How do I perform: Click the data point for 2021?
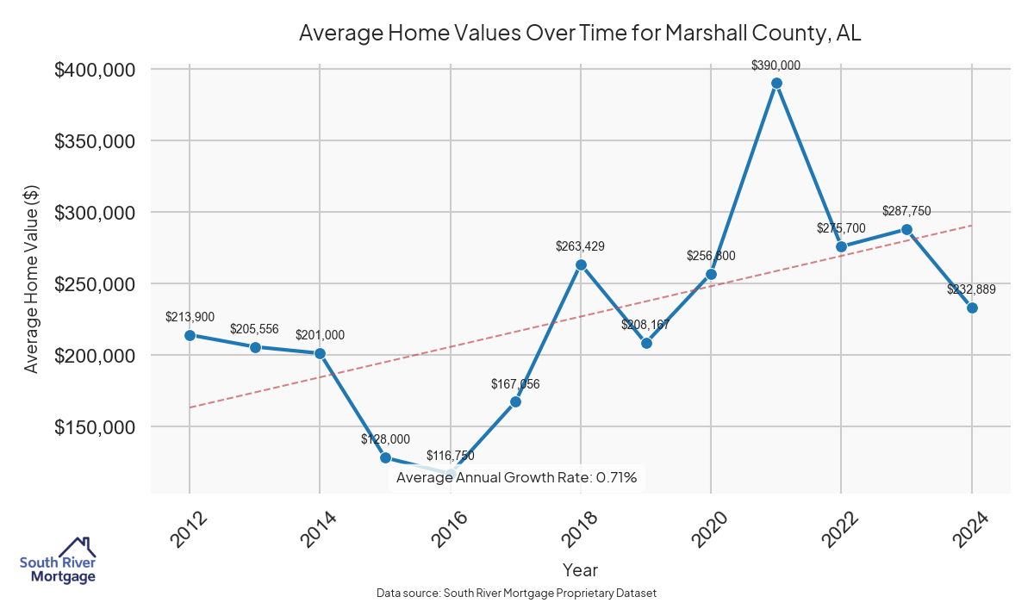tap(776, 84)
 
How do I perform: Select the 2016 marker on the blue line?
tap(451, 474)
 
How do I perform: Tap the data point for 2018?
tap(581, 264)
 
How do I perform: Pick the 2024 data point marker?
tap(972, 308)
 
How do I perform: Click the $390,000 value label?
tap(775, 65)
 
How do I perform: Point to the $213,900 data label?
tap(190, 317)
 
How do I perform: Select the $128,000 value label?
tap(385, 439)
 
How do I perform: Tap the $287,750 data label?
tap(906, 211)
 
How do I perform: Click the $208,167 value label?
tap(645, 325)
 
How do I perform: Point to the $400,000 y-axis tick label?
tap(97, 70)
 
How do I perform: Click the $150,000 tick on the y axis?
tap(97, 427)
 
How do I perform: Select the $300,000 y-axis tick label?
tap(97, 213)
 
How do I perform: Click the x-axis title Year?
tap(580, 570)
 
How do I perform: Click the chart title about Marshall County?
tap(580, 34)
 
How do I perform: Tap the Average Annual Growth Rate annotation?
tap(516, 478)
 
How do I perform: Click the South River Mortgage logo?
tap(58, 561)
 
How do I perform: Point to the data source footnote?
tap(517, 594)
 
